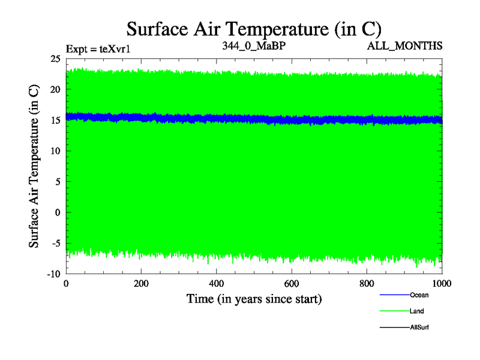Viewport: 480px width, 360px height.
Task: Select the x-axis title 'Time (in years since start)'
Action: (x=254, y=298)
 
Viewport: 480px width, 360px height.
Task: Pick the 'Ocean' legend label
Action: (x=419, y=295)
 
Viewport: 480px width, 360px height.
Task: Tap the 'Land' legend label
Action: (x=417, y=311)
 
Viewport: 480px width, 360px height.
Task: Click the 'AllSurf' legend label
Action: (x=419, y=327)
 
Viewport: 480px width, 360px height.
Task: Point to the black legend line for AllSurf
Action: (x=394, y=327)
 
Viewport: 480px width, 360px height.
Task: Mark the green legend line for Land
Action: (x=394, y=311)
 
